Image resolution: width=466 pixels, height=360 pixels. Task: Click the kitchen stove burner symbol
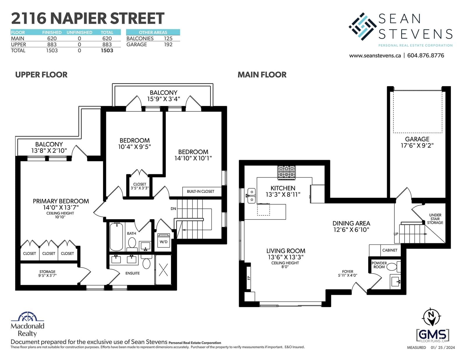pyautogui.click(x=287, y=172)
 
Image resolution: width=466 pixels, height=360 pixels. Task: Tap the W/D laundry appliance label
pyautogui.click(x=163, y=242)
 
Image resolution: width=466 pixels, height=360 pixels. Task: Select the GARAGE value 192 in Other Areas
pyautogui.click(x=168, y=45)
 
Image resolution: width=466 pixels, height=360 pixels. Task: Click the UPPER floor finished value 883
pyautogui.click(x=52, y=45)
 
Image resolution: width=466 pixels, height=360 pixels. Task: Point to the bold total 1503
pyautogui.click(x=107, y=51)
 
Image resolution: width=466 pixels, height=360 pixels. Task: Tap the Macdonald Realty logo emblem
pyautogui.click(x=27, y=316)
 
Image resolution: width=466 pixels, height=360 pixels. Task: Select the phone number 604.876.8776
pyautogui.click(x=426, y=56)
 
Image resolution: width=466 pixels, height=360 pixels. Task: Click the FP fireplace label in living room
pyautogui.click(x=249, y=278)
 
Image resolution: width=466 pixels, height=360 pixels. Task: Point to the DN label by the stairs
pyautogui.click(x=173, y=208)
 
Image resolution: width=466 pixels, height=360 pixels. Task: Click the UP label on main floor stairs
pyautogui.click(x=396, y=234)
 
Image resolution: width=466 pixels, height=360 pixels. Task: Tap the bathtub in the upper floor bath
pyautogui.click(x=116, y=237)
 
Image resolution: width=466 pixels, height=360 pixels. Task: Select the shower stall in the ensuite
pyautogui.click(x=163, y=269)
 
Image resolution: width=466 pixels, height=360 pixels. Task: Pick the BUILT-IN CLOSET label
pyautogui.click(x=200, y=191)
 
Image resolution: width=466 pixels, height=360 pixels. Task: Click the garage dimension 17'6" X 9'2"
pyautogui.click(x=417, y=146)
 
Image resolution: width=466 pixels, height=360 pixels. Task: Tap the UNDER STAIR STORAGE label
pyautogui.click(x=435, y=219)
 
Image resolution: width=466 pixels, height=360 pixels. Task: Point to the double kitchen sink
pyautogui.click(x=252, y=196)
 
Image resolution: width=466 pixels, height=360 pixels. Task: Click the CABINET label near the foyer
pyautogui.click(x=390, y=250)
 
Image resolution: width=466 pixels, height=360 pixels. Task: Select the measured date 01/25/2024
pyautogui.click(x=443, y=347)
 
